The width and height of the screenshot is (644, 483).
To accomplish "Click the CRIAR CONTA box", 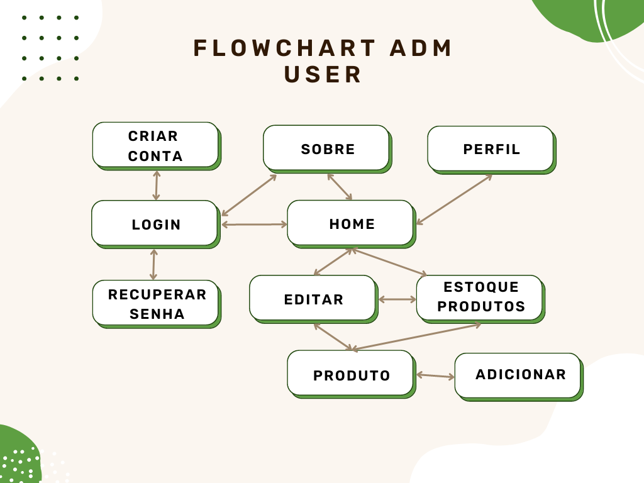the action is click(x=155, y=145).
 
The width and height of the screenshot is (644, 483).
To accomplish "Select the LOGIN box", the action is click(x=155, y=223).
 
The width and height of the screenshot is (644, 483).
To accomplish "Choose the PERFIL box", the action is click(x=491, y=148).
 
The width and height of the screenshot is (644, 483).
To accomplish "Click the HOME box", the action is click(x=350, y=223).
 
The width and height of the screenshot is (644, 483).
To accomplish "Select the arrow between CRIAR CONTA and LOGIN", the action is click(x=156, y=185).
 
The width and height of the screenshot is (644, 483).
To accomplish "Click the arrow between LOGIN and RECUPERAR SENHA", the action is click(x=153, y=264).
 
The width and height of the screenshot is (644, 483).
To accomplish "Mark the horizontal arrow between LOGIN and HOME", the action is click(x=254, y=224).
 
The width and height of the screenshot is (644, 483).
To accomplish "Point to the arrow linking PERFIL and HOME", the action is click(x=454, y=199).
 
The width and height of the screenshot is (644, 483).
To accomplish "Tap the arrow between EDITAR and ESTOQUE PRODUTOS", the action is click(x=397, y=299).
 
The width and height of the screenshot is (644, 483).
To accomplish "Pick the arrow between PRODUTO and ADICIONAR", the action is click(x=435, y=376).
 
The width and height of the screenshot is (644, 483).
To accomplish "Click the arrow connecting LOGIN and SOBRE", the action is click(x=249, y=195).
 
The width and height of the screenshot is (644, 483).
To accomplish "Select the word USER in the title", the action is click(x=323, y=74).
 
